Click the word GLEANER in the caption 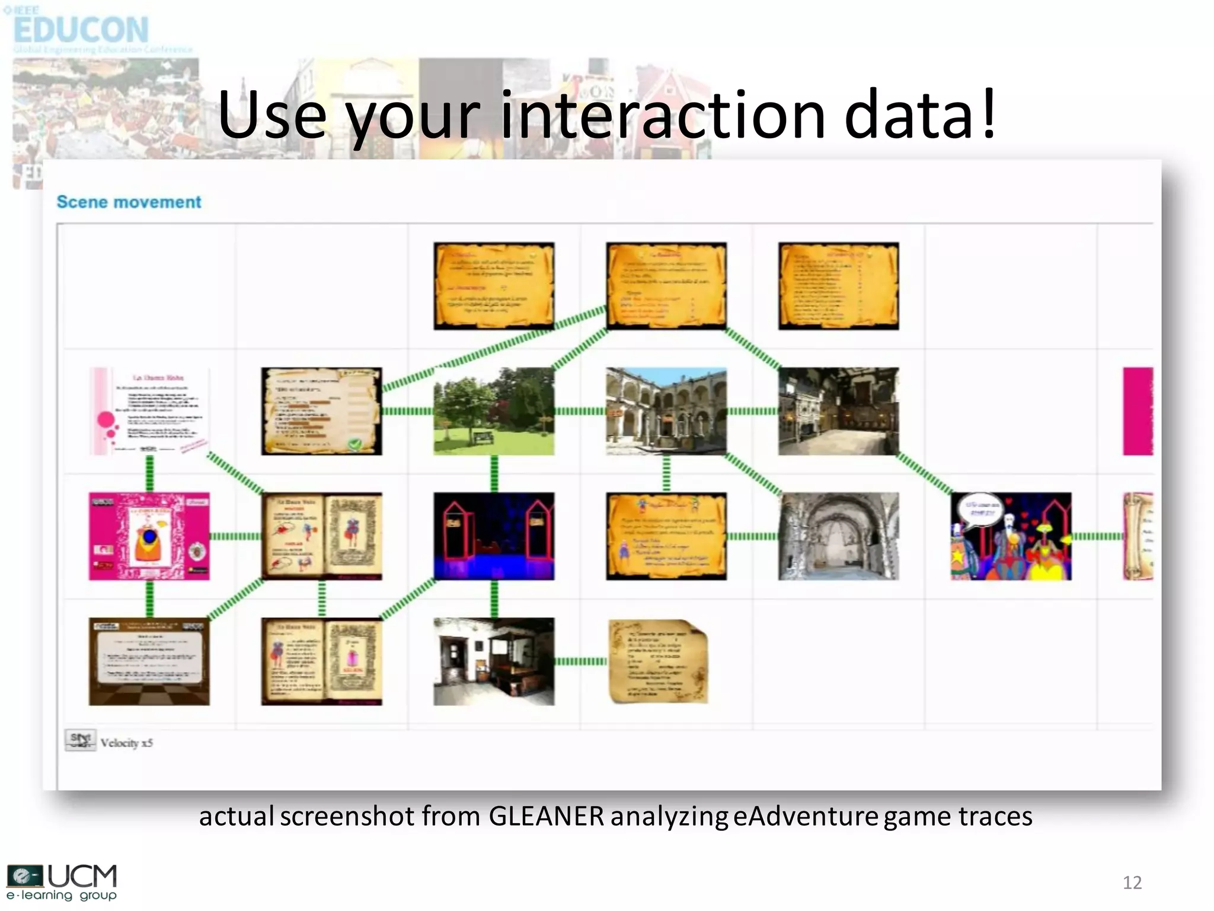coord(546,817)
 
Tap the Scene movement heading coord(129,202)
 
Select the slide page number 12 coord(1132,883)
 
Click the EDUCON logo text coord(81,30)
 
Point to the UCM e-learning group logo coord(62,882)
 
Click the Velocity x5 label coord(126,743)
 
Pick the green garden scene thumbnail coord(494,411)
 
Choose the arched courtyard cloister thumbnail coord(666,411)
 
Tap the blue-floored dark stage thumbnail coord(494,536)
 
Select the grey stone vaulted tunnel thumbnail coord(838,536)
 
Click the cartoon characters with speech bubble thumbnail coord(1011,536)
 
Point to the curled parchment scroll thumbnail coord(658,661)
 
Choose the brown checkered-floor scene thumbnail coord(149,661)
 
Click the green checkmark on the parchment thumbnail coord(354,444)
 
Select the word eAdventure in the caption coord(806,817)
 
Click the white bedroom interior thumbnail coord(494,661)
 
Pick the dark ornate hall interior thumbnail coord(838,411)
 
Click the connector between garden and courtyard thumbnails coord(580,411)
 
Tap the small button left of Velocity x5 coord(80,740)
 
